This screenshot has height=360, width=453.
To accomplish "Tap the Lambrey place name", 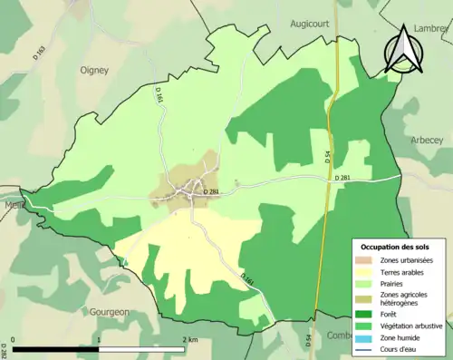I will pyautogui.click(x=431, y=30).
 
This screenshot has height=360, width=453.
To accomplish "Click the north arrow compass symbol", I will pyautogui.click(x=402, y=50).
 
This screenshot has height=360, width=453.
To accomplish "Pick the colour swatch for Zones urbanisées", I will pyautogui.click(x=366, y=259).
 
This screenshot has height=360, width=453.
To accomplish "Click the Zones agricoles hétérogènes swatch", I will pyautogui.click(x=366, y=297).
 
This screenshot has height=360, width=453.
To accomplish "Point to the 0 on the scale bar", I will pyautogui.click(x=15, y=339).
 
